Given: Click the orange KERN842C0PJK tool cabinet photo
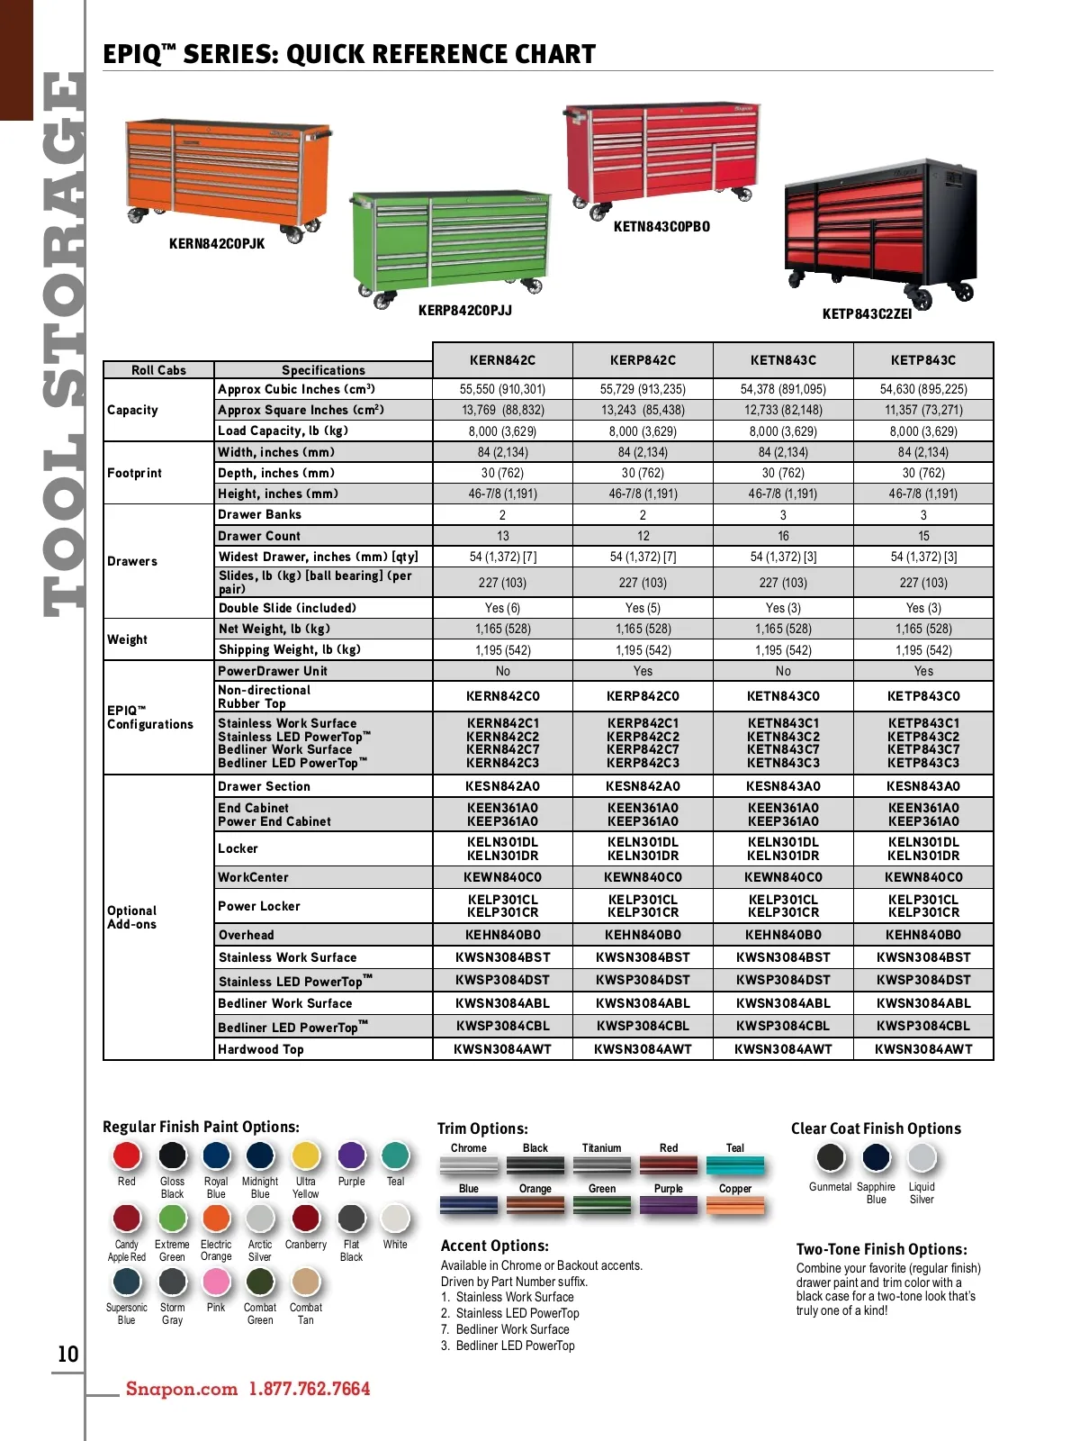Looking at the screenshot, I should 228,176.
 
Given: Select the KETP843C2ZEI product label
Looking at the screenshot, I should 867,314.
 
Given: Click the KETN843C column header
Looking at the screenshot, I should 783,360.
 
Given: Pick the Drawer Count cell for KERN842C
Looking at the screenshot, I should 502,536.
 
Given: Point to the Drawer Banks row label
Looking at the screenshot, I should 260,514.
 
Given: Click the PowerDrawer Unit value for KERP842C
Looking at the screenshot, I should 643,671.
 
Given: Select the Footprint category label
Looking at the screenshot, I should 135,473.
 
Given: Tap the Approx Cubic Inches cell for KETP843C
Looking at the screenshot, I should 923,389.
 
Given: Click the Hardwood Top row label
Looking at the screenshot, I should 261,1049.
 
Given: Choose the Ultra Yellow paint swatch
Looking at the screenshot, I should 306,1156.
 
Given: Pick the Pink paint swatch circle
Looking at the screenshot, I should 216,1281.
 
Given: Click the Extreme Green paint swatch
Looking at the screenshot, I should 172,1218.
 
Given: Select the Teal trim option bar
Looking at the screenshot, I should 734,1165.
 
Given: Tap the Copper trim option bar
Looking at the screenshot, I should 734,1206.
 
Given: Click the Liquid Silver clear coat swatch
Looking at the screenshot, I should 922,1157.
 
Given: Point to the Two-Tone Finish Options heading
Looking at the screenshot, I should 881,1249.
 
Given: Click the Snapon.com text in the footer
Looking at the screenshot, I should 182,1389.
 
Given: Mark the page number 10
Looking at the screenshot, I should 67,1355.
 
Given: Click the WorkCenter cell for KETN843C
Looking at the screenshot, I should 783,877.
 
